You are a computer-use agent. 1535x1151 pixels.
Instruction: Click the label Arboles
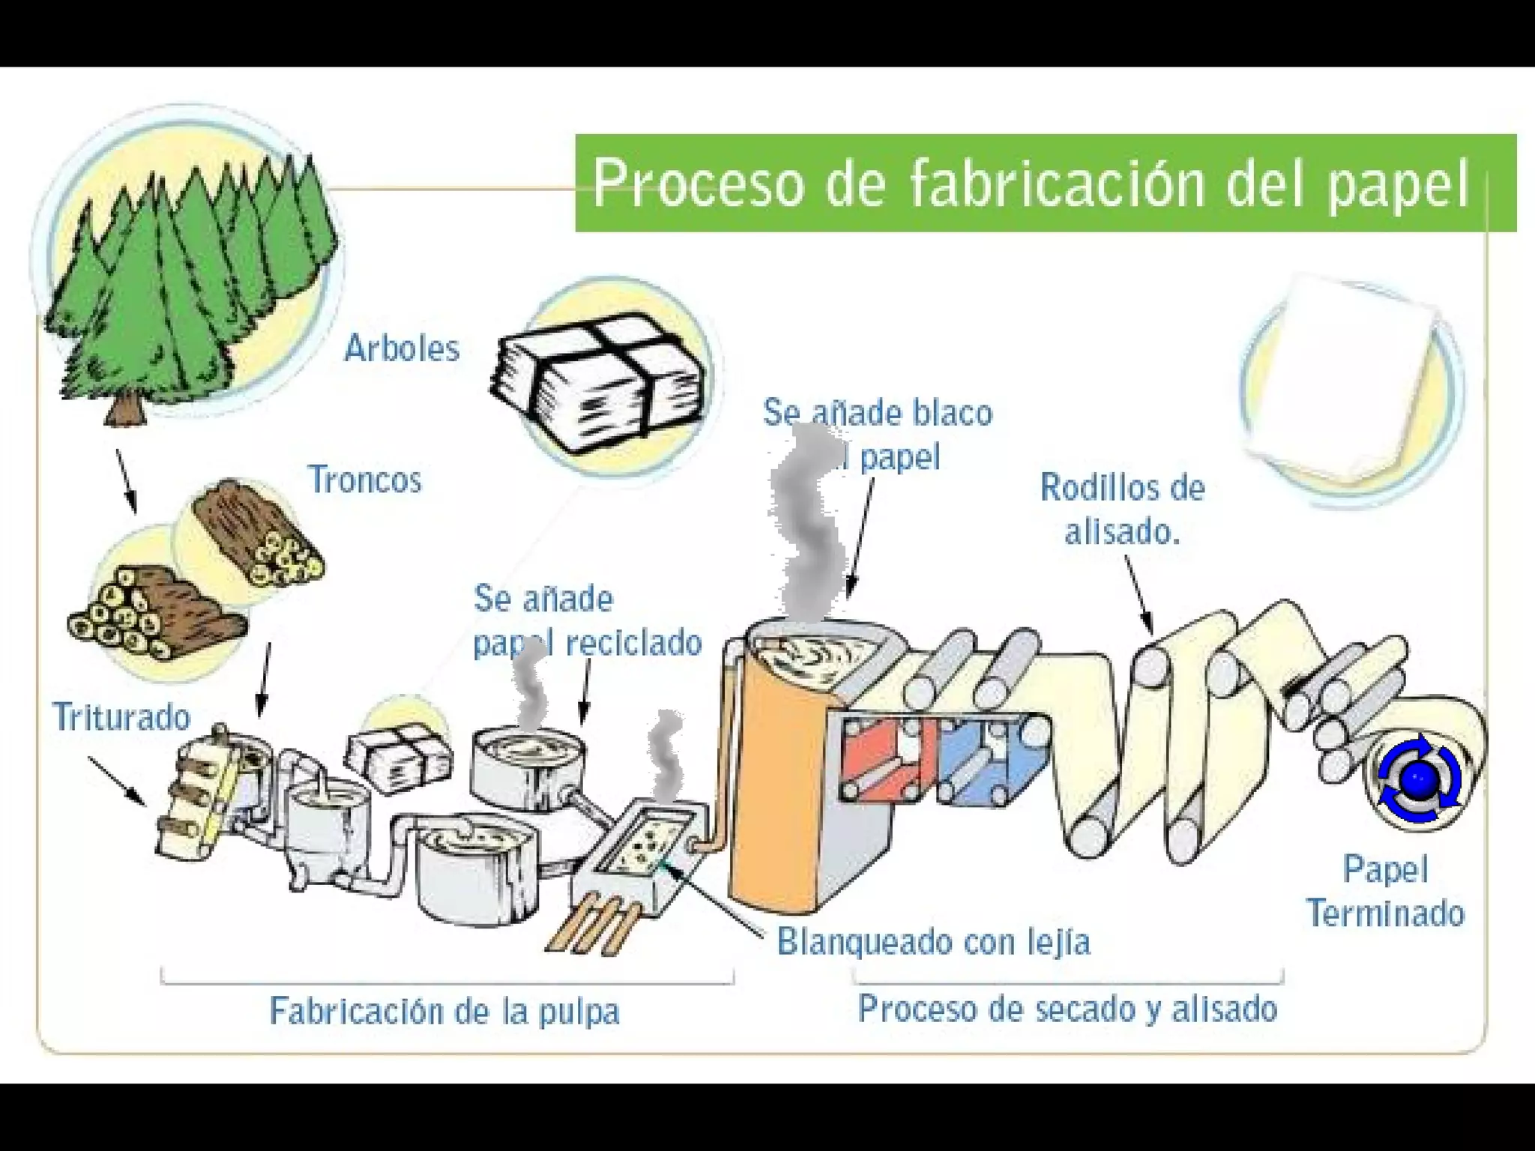pos(402,349)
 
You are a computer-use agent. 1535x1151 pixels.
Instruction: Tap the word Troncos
pos(365,480)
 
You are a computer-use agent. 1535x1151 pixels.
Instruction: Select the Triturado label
pos(121,717)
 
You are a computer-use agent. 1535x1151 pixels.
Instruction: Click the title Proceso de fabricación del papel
pos(1031,184)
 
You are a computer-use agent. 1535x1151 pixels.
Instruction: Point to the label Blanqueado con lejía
pos(933,942)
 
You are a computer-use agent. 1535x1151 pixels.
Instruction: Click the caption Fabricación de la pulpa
pos(444,1011)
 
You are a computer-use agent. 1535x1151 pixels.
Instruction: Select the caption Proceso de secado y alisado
pos(1067,1009)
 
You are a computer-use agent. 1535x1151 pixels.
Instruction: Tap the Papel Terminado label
pos(1385,892)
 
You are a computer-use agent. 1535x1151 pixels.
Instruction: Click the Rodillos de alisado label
pos(1122,510)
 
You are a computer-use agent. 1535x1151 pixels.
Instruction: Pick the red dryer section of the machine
pos(884,757)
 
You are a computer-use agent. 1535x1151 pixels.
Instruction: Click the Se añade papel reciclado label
pos(586,621)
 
